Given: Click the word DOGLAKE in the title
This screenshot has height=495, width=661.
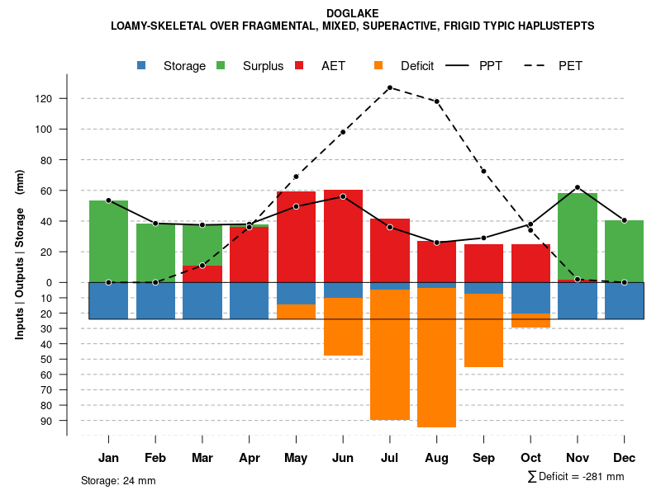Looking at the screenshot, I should (x=353, y=13).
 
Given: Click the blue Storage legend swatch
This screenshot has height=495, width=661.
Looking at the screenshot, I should (x=142, y=66).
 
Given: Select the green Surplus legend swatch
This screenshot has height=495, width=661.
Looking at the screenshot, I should (x=221, y=66).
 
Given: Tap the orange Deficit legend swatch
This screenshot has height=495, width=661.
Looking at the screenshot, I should (x=379, y=66).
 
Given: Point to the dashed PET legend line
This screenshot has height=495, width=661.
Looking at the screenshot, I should (x=537, y=66).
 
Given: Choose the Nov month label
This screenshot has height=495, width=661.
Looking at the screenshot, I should (x=578, y=458).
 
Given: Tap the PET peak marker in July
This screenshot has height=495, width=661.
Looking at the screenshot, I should (x=389, y=87).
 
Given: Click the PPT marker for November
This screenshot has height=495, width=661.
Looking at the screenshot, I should (x=578, y=187).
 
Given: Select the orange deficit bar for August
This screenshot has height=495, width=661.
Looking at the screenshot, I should (x=436, y=357).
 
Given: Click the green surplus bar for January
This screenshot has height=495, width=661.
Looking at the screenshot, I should (x=108, y=241).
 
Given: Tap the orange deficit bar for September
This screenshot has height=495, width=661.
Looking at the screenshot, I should (x=483, y=330).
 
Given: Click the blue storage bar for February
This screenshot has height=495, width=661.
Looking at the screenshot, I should (x=155, y=300).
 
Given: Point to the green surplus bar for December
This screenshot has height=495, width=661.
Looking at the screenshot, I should (x=624, y=251).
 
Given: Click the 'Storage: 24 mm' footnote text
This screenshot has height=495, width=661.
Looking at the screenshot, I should (x=118, y=480).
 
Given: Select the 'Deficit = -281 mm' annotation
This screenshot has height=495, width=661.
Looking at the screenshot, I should (x=576, y=477).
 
